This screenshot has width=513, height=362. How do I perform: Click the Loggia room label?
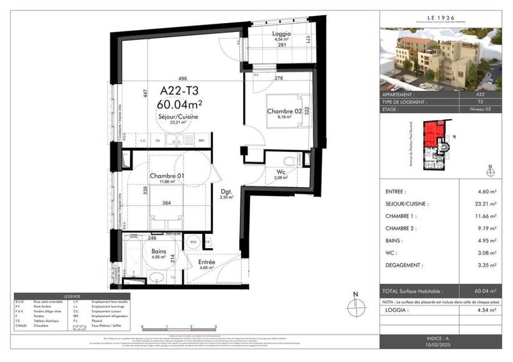282,34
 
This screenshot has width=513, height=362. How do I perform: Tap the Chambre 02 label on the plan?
284,111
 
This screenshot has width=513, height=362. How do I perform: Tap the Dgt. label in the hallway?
226,192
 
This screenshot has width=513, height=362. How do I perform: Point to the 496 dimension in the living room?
165,80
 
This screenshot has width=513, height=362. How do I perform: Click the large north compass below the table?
354,306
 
